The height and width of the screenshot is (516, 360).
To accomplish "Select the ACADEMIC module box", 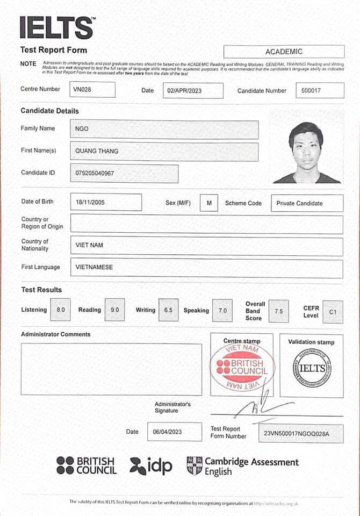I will (284, 52).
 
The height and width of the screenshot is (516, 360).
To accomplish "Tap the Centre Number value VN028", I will (92, 90).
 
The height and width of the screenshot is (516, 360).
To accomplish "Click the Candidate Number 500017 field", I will (320, 90).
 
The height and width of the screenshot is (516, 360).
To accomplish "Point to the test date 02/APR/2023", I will (192, 90).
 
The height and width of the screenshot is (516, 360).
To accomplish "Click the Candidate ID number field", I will (124, 174).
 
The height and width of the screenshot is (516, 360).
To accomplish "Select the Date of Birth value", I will (106, 202).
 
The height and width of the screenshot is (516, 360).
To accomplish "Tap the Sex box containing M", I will (208, 203).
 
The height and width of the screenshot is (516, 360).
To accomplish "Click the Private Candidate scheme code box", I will (307, 203).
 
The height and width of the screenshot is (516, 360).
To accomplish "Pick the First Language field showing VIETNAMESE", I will (206, 267).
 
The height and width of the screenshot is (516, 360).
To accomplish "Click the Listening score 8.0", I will (60, 310).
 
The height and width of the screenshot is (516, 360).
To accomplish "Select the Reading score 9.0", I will (114, 310).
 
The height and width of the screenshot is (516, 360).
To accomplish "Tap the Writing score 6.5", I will (169, 310).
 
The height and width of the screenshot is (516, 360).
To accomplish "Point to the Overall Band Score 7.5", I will (278, 311).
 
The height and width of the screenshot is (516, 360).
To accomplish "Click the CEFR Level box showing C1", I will (333, 311).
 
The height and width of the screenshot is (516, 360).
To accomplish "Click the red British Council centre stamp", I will (242, 368).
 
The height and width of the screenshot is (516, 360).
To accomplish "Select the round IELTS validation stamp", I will (312, 368).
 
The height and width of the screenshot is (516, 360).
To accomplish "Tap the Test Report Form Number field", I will (301, 433).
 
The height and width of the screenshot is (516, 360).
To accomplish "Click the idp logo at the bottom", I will (152, 465).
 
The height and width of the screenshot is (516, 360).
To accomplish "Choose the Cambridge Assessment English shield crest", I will (194, 465).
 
